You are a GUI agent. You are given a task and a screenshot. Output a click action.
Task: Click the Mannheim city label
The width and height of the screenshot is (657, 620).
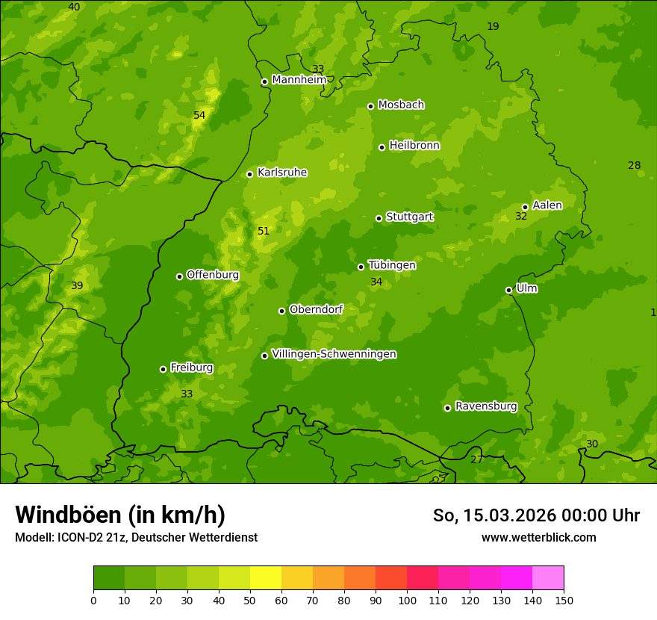click(299, 80)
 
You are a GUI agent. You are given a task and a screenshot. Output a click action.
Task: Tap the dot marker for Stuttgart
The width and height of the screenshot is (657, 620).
click(379, 218)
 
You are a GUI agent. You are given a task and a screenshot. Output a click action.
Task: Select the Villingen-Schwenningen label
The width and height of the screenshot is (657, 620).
click(334, 354)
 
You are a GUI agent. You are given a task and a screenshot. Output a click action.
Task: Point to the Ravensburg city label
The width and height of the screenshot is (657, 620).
click(486, 406)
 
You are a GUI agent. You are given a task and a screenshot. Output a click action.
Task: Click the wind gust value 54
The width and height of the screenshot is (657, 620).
click(199, 115)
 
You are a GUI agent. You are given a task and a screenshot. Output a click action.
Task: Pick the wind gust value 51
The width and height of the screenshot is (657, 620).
click(264, 231)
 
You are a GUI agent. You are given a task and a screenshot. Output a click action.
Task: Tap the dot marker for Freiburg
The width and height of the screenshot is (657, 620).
click(163, 369)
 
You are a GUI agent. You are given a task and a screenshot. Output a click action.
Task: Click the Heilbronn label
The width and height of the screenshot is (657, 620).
click(414, 146)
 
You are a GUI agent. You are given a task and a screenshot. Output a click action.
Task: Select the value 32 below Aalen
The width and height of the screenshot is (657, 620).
click(521, 216)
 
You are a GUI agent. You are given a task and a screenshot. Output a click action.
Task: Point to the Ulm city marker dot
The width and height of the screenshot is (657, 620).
click(508, 290)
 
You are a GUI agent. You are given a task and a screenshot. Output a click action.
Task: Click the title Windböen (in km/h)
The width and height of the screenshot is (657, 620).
click(120, 515)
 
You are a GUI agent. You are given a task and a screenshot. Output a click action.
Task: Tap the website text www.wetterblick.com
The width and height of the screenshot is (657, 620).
click(538, 537)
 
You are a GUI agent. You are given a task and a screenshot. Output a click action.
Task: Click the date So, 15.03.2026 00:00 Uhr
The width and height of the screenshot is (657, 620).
click(536, 515)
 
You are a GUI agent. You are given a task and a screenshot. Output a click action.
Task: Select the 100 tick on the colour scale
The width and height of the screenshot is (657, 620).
click(407, 600)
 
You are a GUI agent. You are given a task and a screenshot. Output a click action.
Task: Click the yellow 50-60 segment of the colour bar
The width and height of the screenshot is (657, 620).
click(266, 578)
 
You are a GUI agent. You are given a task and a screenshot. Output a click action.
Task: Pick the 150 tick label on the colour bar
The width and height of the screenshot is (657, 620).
click(564, 600)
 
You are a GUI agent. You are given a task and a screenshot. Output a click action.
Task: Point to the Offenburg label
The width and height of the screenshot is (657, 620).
click(213, 275)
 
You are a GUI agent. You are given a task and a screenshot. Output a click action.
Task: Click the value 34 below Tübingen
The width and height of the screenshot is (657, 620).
click(376, 282)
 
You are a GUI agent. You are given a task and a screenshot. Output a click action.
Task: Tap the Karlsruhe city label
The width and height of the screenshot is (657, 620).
click(282, 173)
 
